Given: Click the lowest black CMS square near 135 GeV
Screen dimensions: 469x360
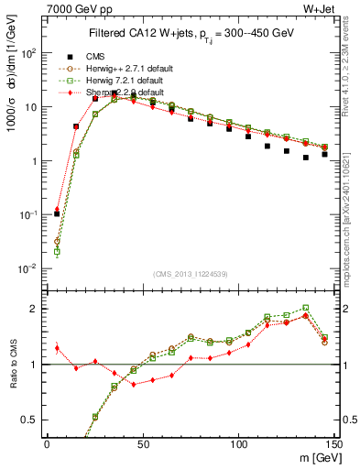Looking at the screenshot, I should [x=306, y=158].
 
